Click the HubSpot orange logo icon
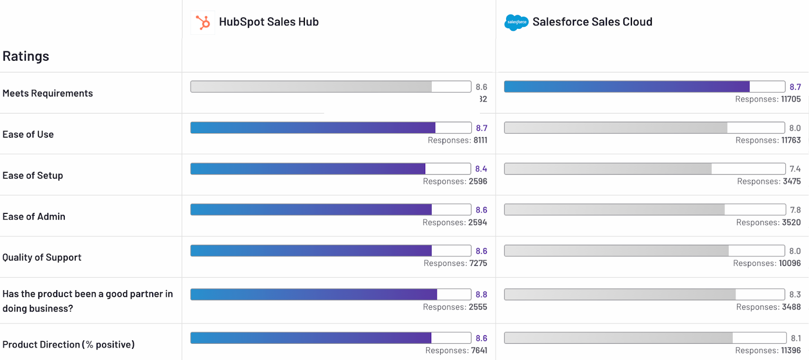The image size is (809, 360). (x=203, y=23)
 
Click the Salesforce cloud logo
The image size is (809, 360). (x=516, y=22)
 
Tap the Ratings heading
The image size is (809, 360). (x=26, y=56)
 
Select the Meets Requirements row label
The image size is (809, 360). (x=48, y=94)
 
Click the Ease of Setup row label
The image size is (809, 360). (x=33, y=175)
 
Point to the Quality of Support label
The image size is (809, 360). (x=42, y=257)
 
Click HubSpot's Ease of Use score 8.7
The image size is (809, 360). (x=481, y=128)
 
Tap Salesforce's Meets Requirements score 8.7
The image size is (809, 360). (x=795, y=87)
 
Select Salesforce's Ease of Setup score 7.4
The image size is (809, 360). (x=795, y=169)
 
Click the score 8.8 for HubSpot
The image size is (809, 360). (x=481, y=294)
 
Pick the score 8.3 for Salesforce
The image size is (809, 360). (x=795, y=294)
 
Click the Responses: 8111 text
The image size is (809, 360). (x=457, y=140)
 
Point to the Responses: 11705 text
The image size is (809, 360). (x=768, y=99)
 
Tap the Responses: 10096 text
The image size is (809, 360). (x=767, y=263)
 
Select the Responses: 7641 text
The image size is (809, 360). (x=456, y=350)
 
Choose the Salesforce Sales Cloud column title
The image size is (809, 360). (x=592, y=22)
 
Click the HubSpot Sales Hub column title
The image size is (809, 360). (x=268, y=22)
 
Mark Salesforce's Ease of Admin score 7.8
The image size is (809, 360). (x=795, y=210)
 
